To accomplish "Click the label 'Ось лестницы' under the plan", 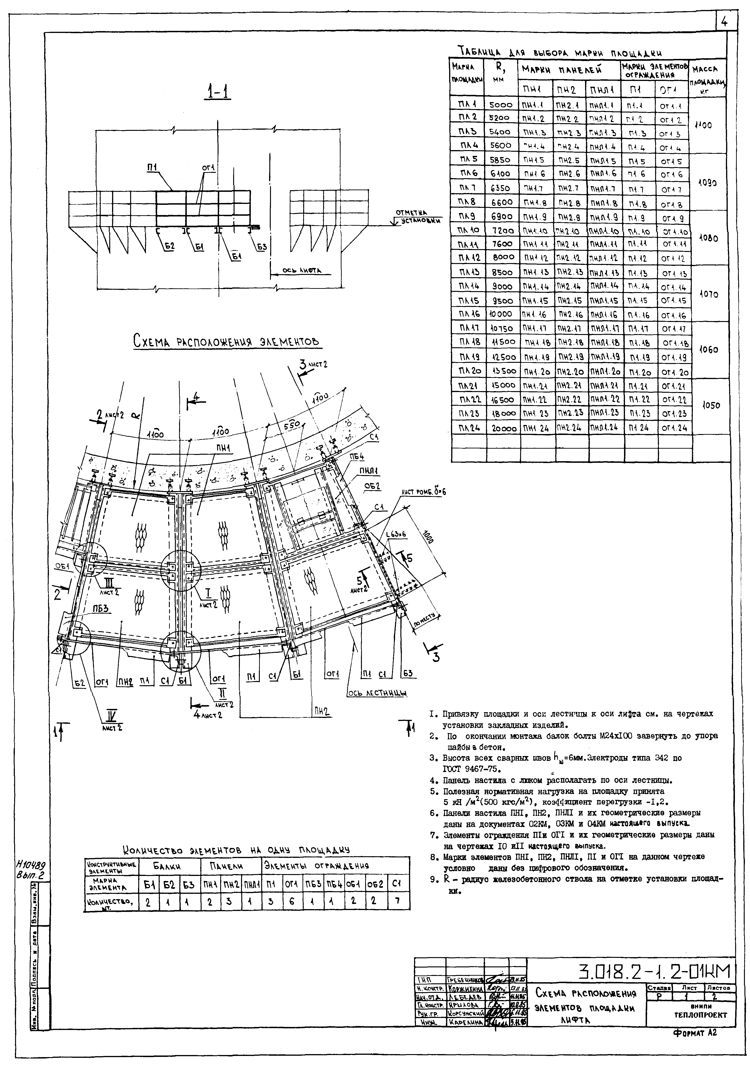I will tap(377, 693).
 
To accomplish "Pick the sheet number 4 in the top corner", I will tap(725, 22).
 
